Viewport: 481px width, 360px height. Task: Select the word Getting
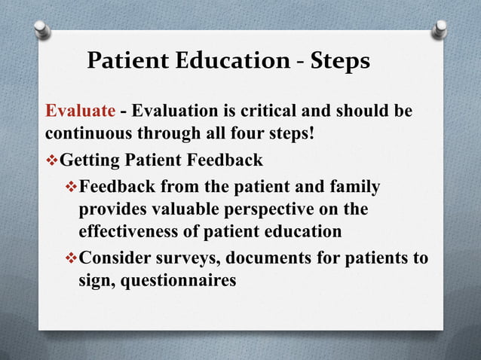pos(93,160)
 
